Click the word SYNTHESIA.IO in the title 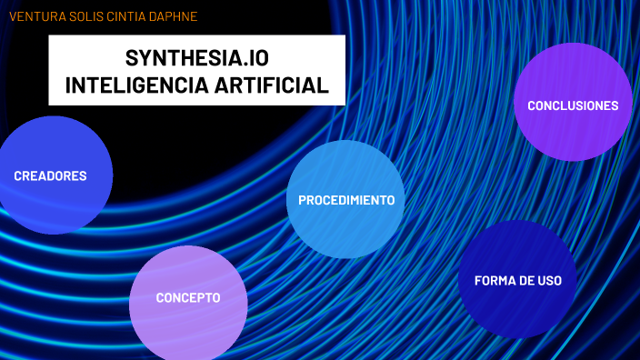[197, 58]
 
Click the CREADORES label [50, 176]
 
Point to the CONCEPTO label [188, 298]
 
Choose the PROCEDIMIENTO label [346, 200]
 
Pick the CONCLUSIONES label [573, 105]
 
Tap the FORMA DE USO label [518, 280]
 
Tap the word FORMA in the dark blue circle [494, 280]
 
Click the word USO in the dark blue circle [548, 280]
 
